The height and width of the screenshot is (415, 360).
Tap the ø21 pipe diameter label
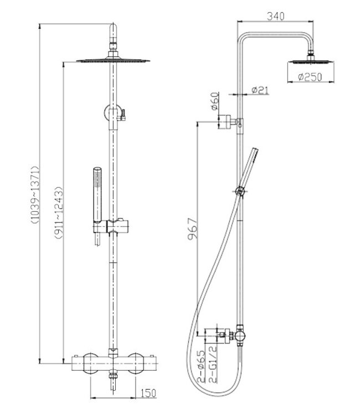[260, 90]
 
